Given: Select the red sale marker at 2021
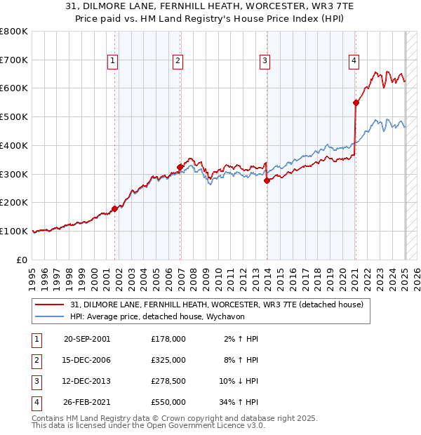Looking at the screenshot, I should pyautogui.click(x=356, y=102).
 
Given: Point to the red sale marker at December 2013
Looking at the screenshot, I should pyautogui.click(x=267, y=180).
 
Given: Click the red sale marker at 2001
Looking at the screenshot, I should pyautogui.click(x=114, y=208).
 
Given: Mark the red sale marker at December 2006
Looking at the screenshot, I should pyautogui.click(x=180, y=167).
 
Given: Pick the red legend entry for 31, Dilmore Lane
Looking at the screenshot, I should pyautogui.click(x=216, y=304).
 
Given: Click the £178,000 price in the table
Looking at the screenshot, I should pyautogui.click(x=168, y=339).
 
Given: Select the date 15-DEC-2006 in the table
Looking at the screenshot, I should pyautogui.click(x=87, y=360).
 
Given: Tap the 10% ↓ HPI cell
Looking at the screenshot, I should pyautogui.click(x=239, y=381).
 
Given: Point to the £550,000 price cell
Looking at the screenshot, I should pyautogui.click(x=168, y=402).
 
